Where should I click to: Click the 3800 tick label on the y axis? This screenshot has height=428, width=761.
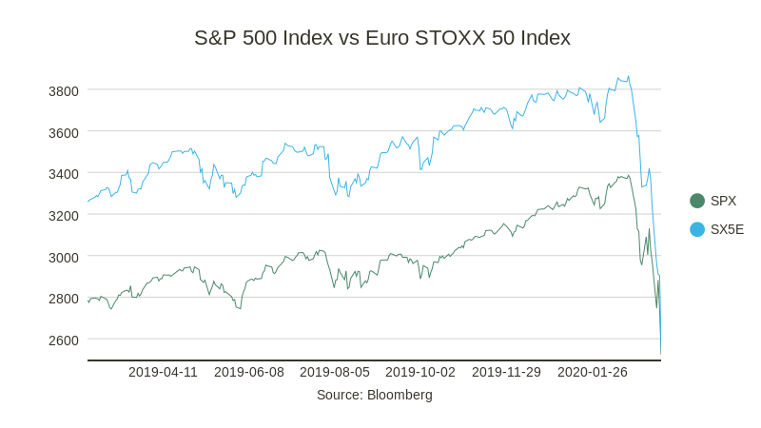coord(64,91)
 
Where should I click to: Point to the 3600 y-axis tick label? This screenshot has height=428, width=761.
coord(64,132)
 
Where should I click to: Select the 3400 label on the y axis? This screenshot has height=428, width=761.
coord(64,174)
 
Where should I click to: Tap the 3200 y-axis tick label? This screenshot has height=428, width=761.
coord(64,216)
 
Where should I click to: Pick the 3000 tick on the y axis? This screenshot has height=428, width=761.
coord(64,257)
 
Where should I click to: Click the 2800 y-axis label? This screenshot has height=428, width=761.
coord(64,299)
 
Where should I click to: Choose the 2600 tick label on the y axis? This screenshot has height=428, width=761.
coord(64,340)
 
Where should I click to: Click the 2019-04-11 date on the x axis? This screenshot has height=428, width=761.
coord(163,372)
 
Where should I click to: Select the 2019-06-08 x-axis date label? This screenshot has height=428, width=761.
coord(249,372)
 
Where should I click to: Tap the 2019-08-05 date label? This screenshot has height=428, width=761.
coord(335,372)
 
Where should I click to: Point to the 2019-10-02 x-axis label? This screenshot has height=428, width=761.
coord(420,372)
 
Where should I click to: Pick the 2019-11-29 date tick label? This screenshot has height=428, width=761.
coord(506,372)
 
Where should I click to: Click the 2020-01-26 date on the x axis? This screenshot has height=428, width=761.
coord(592,372)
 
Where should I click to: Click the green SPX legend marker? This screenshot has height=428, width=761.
coord(697,201)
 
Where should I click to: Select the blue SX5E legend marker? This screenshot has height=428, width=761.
coord(697,229)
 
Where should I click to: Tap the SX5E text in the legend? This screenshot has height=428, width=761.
coord(727,229)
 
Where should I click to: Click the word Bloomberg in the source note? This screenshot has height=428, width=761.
coord(400,395)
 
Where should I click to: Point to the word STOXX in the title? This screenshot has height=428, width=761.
coord(456,38)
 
